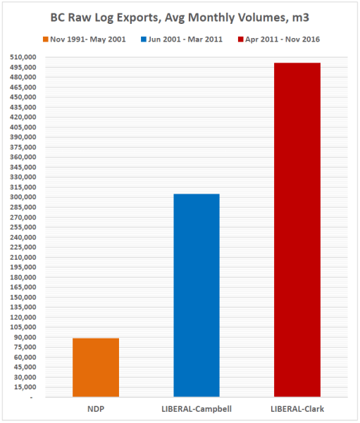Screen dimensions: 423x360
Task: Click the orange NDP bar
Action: tap(96, 367)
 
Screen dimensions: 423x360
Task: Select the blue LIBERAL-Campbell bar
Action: tap(197, 296)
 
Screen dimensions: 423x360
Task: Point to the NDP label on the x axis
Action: tap(96, 409)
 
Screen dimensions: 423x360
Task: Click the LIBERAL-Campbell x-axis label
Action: tap(197, 409)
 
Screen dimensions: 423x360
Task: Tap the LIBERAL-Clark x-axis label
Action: tap(297, 409)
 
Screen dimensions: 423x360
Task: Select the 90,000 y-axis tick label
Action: tap(24, 337)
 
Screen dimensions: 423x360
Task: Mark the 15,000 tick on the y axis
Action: tap(24, 387)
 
